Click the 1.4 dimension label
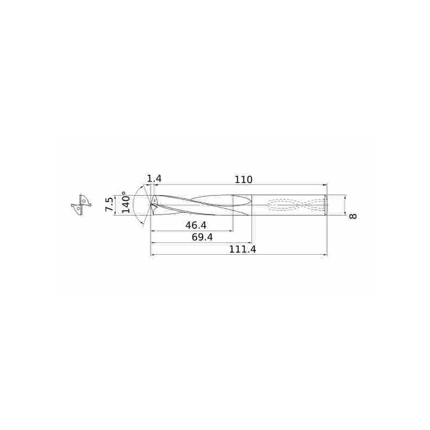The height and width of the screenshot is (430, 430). point(154,178)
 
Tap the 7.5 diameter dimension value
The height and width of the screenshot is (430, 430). point(110,205)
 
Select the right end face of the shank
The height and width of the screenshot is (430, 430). point(326,205)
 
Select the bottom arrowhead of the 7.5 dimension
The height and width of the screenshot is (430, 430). point(114,212)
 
